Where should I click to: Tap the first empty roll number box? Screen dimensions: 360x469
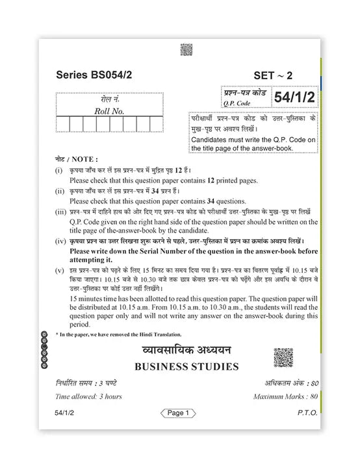[x=62, y=124]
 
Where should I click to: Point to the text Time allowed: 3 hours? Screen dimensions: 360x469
[x=89, y=396]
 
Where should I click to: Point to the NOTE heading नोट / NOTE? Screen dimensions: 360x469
[x=77, y=158]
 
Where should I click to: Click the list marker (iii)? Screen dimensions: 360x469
[x=60, y=212]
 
